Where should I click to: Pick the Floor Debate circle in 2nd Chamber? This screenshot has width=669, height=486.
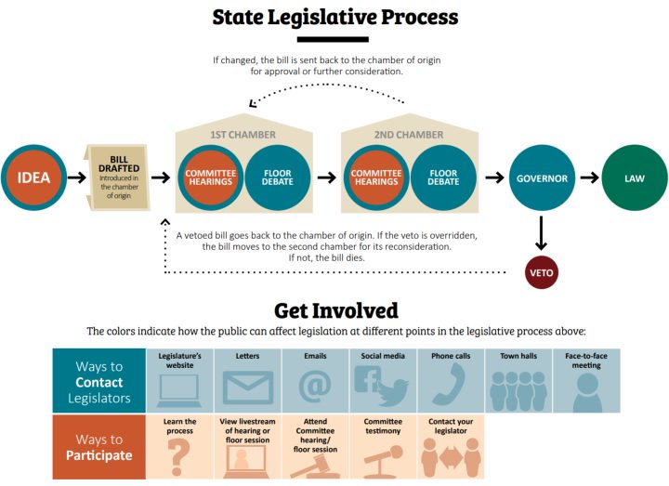coord(443,178)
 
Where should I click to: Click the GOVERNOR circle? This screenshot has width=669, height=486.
coord(542,178)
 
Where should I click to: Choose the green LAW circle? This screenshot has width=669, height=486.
coord(634,178)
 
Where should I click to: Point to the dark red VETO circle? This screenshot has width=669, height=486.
coord(542,272)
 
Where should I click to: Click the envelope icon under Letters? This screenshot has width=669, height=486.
coord(247,387)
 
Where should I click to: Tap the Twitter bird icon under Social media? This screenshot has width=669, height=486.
coord(392,390)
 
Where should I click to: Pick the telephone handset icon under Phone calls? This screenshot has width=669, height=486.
coord(451,386)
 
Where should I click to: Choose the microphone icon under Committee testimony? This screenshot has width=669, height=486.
coord(381,459)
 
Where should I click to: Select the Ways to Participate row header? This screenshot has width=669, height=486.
coord(98,447)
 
